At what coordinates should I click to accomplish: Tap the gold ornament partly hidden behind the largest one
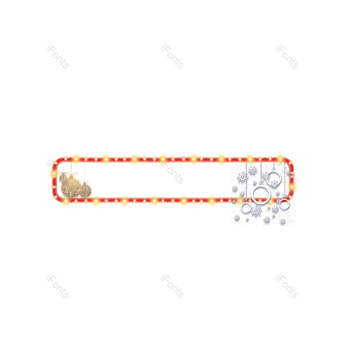pos(63,178)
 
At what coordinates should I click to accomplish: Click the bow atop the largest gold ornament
pos(72,174)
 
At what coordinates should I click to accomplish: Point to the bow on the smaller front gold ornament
pos(85,182)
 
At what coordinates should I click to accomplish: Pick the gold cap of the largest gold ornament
pos(71,177)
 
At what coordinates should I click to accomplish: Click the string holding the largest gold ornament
pos(71,167)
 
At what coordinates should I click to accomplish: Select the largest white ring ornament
pos(261,195)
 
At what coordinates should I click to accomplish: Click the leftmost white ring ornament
pos(246,208)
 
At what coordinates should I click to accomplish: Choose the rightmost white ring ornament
pos(284,204)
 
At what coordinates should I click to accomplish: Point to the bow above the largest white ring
pos(261,183)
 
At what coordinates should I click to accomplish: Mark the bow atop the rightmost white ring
pos(284,197)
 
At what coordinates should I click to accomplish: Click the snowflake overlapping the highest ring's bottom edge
pos(274,184)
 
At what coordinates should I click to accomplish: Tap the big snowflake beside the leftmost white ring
pos(256,211)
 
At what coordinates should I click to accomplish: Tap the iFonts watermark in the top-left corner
pos(57,57)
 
